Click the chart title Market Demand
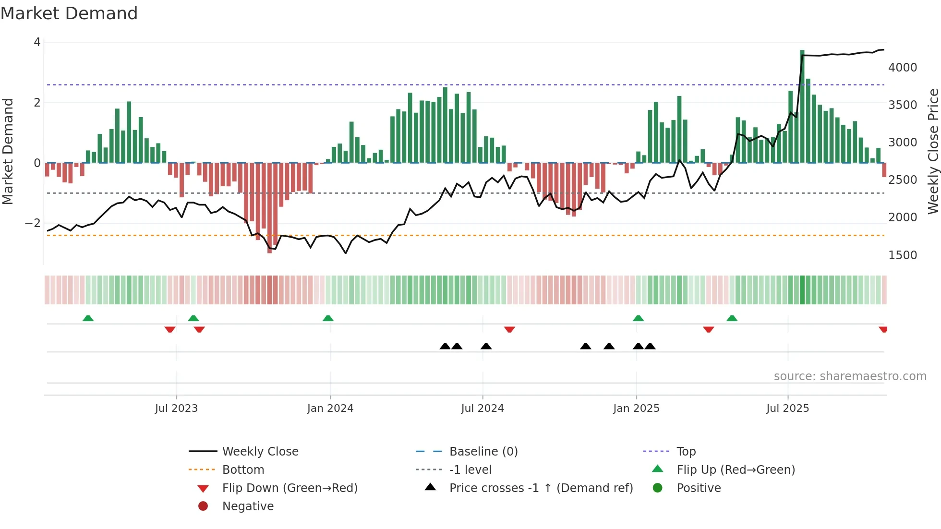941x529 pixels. coord(69,13)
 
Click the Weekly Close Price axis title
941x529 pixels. coord(933,151)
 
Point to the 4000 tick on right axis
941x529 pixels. coord(902,68)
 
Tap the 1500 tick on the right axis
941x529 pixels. coord(902,255)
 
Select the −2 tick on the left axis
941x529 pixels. coord(33,223)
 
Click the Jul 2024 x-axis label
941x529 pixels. coord(482,409)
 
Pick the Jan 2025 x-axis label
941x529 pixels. coord(636,409)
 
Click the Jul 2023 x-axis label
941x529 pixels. coord(176,409)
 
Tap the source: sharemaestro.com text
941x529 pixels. coord(850,376)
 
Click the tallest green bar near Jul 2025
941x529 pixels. coord(802,106)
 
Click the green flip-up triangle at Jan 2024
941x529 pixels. coord(328,318)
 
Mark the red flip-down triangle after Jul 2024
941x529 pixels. coord(509,329)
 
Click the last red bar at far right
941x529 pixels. coord(884,170)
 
